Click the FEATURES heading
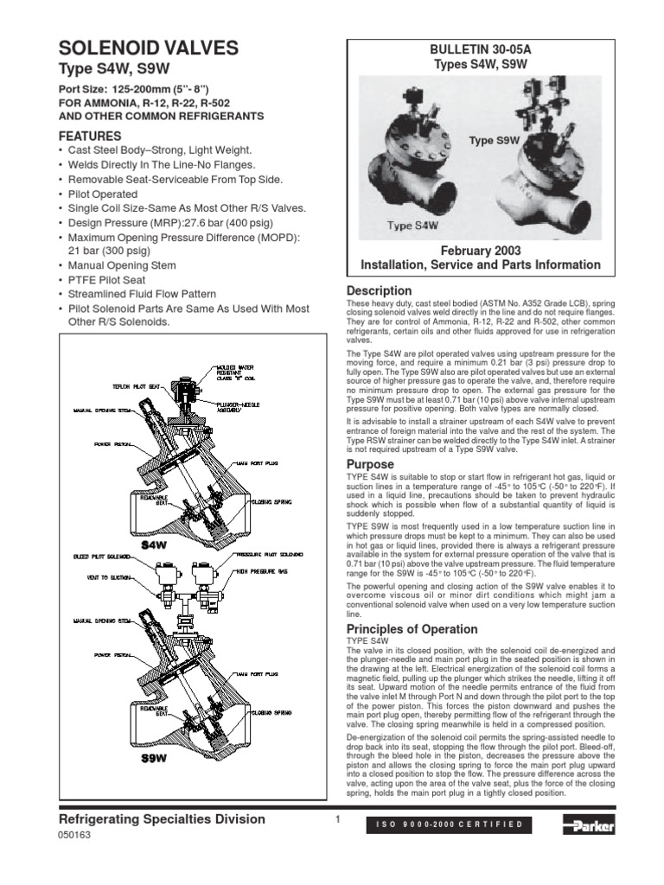coord(89,137)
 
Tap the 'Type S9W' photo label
coord(493,139)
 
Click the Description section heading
coord(379,290)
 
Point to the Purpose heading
coord(370,464)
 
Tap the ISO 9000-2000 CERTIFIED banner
coord(450,825)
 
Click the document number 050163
coord(73,836)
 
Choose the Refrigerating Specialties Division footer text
coord(162,819)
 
